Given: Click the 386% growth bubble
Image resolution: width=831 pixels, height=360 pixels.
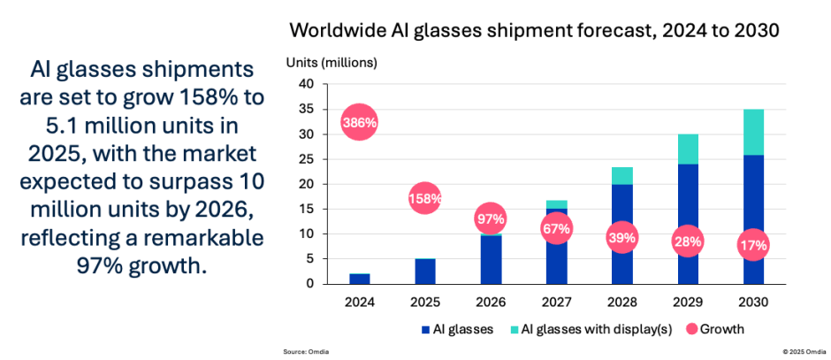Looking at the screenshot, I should tap(359, 123).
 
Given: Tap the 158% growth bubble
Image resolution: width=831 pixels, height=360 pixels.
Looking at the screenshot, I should tap(424, 198).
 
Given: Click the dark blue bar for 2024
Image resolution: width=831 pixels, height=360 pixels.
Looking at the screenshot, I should tap(359, 279).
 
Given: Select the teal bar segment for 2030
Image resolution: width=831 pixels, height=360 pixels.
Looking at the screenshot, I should tap(752, 132).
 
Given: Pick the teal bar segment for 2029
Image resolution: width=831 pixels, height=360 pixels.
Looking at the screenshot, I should tap(687, 149).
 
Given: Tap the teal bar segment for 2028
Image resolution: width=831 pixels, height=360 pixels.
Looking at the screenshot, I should tap(621, 175).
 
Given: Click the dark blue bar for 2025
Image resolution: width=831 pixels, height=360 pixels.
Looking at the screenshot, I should tap(424, 272).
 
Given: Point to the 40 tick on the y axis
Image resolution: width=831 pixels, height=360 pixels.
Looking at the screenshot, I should tap(307, 84).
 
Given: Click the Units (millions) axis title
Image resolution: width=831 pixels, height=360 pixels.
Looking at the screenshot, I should tap(332, 62).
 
